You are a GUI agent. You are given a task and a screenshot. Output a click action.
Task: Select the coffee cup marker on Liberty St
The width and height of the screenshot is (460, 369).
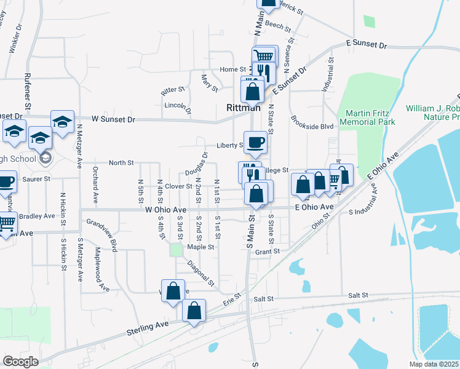[x=256, y=143]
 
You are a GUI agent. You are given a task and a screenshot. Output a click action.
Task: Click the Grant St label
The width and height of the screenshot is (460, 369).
[x=267, y=252]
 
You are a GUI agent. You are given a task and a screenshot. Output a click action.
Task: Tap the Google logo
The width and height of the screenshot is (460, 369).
[x=21, y=362]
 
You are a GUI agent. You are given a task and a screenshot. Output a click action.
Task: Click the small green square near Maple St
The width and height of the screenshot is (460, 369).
[x=176, y=250]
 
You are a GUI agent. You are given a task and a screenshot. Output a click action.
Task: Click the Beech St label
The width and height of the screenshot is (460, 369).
[x=277, y=26]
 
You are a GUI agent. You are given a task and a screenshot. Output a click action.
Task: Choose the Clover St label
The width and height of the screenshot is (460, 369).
[x=179, y=186]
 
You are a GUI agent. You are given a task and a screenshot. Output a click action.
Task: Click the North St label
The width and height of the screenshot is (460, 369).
[x=121, y=163]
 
